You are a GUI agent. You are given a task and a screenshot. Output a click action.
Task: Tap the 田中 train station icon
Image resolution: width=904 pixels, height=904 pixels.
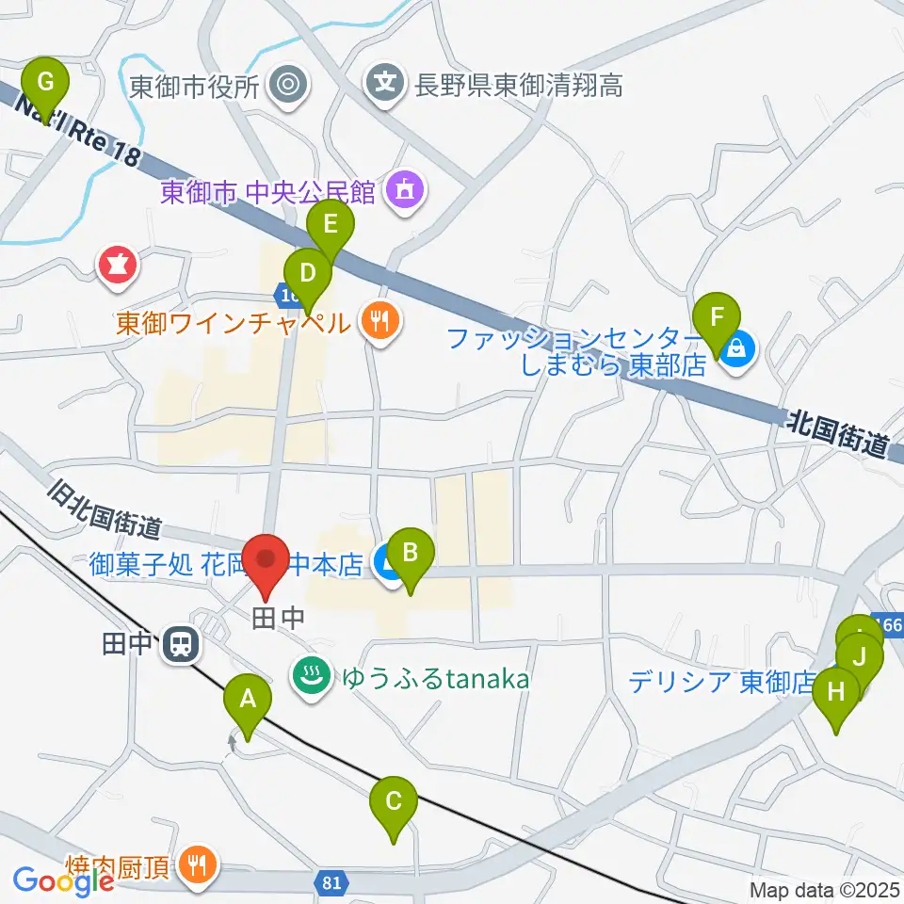(179, 645)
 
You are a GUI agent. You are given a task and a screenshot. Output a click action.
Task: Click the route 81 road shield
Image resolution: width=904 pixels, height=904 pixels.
(331, 882)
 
